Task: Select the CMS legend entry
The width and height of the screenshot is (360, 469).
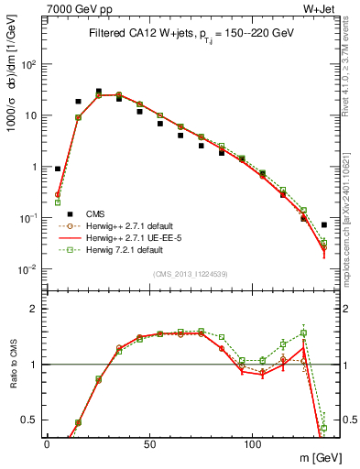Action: point(96,213)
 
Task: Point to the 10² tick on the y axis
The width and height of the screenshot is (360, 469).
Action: point(27,65)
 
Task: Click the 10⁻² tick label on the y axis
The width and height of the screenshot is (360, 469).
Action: point(27,269)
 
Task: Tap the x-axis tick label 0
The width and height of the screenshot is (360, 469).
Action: point(47,442)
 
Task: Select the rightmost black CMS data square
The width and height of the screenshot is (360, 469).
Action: point(324,224)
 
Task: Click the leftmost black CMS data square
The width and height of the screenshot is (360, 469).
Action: point(57,169)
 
